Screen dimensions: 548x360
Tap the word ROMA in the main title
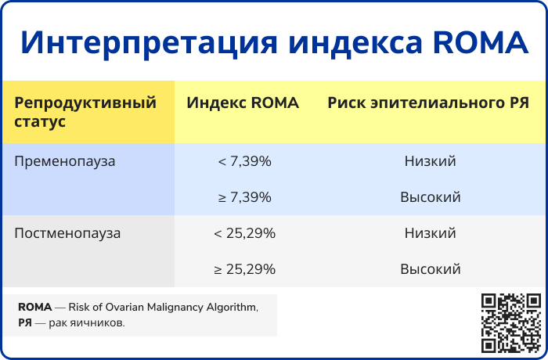coord(481,42)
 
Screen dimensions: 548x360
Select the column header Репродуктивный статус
coord(85,112)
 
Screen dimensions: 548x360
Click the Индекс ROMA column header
coord(243,103)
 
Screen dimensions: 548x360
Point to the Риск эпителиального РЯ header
coord(428,103)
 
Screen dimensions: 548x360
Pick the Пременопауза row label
coord(65,161)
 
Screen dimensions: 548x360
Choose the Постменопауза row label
coord(67,233)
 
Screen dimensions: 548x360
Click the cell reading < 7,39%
coord(244,161)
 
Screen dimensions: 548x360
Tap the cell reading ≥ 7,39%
coord(244,197)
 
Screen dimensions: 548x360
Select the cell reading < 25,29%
coord(244,233)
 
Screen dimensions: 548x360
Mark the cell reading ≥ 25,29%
coord(244,269)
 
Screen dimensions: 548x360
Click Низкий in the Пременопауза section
coord(431,161)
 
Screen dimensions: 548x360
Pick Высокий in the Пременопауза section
coord(431,197)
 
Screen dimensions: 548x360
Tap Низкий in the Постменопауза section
coord(431,233)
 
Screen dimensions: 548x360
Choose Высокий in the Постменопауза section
coord(431,269)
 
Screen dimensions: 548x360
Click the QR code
coord(511,323)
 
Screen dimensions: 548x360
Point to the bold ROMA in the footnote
coord(35,307)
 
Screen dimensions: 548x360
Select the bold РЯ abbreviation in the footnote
coord(25,322)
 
